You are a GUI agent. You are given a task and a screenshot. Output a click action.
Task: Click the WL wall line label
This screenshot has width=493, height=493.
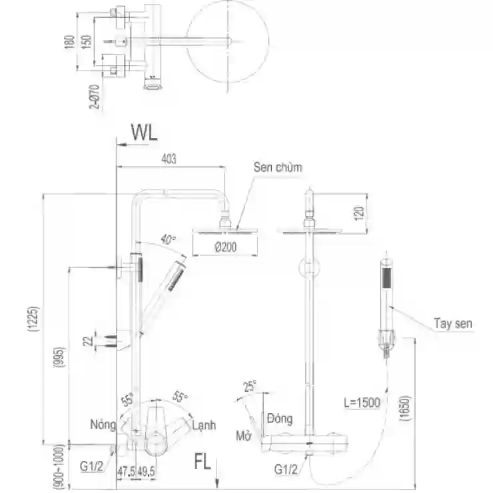coord(145,133)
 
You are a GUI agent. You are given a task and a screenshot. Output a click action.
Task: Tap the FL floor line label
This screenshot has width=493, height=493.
coord(202,462)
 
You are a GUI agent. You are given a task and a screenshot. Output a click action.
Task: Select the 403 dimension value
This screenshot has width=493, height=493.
coord(169,159)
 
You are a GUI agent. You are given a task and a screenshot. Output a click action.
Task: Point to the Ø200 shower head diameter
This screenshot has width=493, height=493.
coord(226,246)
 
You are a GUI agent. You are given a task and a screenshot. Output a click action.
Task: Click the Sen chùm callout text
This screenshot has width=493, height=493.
coord(278,167)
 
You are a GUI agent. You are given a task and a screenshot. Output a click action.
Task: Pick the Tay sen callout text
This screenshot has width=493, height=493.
coord(453,323)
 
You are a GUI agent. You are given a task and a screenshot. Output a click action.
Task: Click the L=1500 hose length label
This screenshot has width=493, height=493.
coord(362,402)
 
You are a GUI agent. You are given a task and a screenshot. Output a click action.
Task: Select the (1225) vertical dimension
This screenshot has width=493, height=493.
coord(33,319)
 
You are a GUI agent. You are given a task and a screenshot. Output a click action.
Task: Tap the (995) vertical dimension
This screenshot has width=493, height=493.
coord(59,357)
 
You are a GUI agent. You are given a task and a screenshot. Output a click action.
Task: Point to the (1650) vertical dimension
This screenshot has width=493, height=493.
coord(405,408)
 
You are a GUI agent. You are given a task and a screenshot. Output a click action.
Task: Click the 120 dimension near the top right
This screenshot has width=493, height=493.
coord(359,213)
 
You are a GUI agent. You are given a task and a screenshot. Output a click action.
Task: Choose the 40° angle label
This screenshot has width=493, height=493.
coord(168,239)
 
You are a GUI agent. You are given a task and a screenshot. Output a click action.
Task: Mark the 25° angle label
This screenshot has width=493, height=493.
coord(250,386)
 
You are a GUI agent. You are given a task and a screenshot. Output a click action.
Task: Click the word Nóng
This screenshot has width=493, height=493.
coord(103,424)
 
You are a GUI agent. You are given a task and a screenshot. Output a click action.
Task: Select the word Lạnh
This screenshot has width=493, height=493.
coord(204,425)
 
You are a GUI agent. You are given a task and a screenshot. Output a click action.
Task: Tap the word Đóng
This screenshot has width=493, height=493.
coord(280,418)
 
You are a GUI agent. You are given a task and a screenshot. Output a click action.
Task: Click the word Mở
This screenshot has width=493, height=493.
coord(244,436)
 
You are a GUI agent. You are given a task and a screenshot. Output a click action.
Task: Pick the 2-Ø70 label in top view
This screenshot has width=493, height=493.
coord(95,97)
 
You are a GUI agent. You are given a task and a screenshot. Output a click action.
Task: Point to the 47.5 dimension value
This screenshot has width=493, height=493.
coord(127,472)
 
